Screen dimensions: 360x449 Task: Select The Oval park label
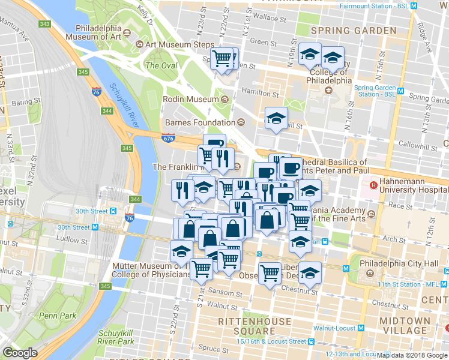point(160,65)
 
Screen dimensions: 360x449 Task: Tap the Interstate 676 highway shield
point(169,138)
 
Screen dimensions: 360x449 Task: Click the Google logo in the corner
point(20,353)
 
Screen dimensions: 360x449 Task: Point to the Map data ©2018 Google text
point(412,355)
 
